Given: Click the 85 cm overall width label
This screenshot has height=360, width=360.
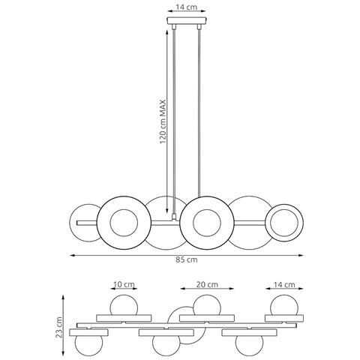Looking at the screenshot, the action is pos(187,259).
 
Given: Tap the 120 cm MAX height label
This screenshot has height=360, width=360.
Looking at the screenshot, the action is pos(163,121).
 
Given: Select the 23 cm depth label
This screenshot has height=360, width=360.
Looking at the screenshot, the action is pos(59,327).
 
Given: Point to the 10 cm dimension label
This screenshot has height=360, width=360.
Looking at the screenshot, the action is pos(124,284).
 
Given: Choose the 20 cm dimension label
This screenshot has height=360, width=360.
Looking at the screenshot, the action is pos(207,284).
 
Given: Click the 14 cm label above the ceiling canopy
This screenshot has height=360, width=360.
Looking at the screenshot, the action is pos(186,7).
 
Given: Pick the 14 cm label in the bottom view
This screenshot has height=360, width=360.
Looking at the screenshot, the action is pos(284,284).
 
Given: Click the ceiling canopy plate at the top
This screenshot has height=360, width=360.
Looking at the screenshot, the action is pos(187,20).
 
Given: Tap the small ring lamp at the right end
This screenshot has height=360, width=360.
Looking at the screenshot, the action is pos(284,223).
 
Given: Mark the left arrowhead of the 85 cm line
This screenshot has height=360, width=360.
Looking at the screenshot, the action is pos(72,255).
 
